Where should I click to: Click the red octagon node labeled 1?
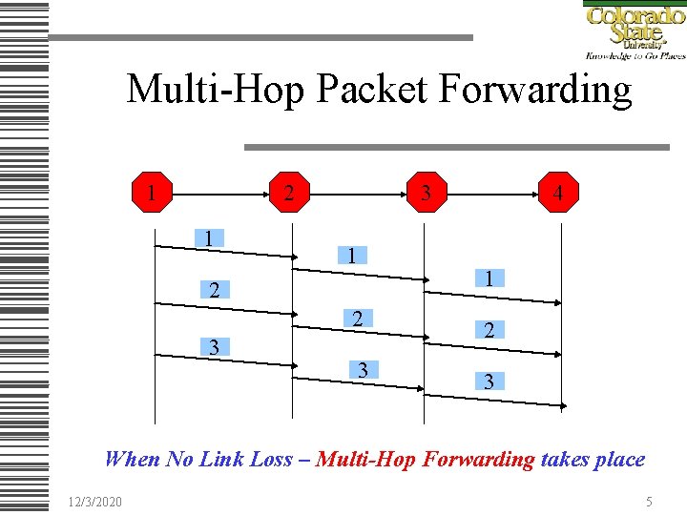[x=152, y=194]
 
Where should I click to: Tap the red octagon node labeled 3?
[x=426, y=194]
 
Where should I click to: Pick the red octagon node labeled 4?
[x=558, y=194]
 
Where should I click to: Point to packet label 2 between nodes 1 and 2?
[x=215, y=290]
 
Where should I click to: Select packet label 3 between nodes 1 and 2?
[x=215, y=346]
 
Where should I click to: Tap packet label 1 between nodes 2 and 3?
[x=352, y=255]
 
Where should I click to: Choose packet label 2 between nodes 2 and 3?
[x=357, y=319]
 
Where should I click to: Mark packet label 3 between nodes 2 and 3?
[x=362, y=369]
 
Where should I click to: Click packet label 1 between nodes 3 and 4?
[x=488, y=278]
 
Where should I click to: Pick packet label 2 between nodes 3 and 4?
[x=489, y=330]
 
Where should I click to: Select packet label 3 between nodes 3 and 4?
[x=489, y=381]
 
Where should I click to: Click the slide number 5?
[x=648, y=500]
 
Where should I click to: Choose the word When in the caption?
[x=132, y=459]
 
